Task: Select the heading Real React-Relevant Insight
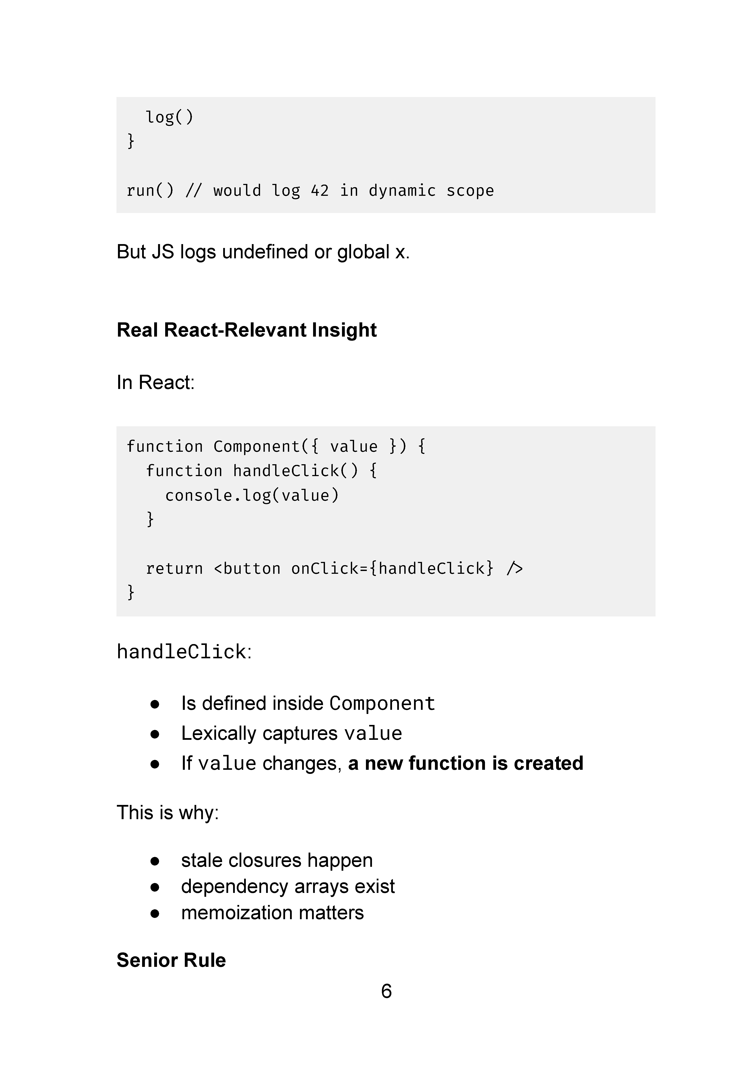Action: pyautogui.click(x=246, y=330)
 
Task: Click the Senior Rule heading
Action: pyautogui.click(x=171, y=960)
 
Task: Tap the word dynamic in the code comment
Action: pyautogui.click(x=402, y=191)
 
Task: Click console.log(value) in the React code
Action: pyautogui.click(x=252, y=495)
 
